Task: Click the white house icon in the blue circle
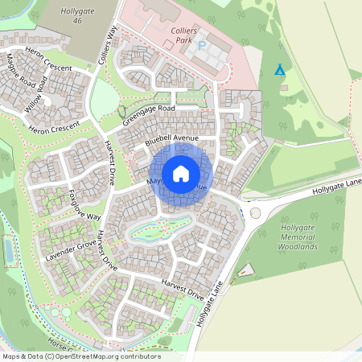(x=181, y=173)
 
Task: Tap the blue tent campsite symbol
(x=280, y=71)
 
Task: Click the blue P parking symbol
(x=202, y=47)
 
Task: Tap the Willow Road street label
(x=36, y=95)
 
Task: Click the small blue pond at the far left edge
(x=8, y=251)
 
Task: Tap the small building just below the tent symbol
(x=282, y=87)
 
